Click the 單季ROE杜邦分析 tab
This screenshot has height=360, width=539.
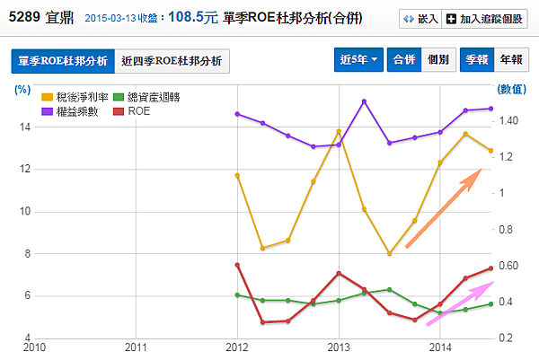pos(63,61)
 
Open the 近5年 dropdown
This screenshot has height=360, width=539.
pos(358,59)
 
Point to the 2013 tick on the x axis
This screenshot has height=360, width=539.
pos(339,347)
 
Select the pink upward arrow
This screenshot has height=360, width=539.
pos(458,303)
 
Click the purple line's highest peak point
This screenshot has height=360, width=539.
pos(364,101)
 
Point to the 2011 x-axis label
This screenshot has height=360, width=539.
pos(136,347)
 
